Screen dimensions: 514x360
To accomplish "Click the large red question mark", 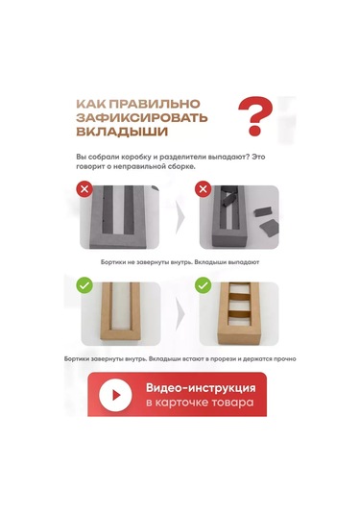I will (x=253, y=115).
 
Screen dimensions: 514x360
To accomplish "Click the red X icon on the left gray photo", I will (x=84, y=189).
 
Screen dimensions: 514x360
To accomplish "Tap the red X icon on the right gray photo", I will (x=203, y=189).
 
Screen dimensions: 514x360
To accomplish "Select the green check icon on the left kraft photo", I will (x=84, y=285).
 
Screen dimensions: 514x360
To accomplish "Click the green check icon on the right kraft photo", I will (x=203, y=285).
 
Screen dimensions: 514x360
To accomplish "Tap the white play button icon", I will (x=116, y=394).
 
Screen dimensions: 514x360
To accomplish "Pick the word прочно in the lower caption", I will (x=283, y=358).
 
